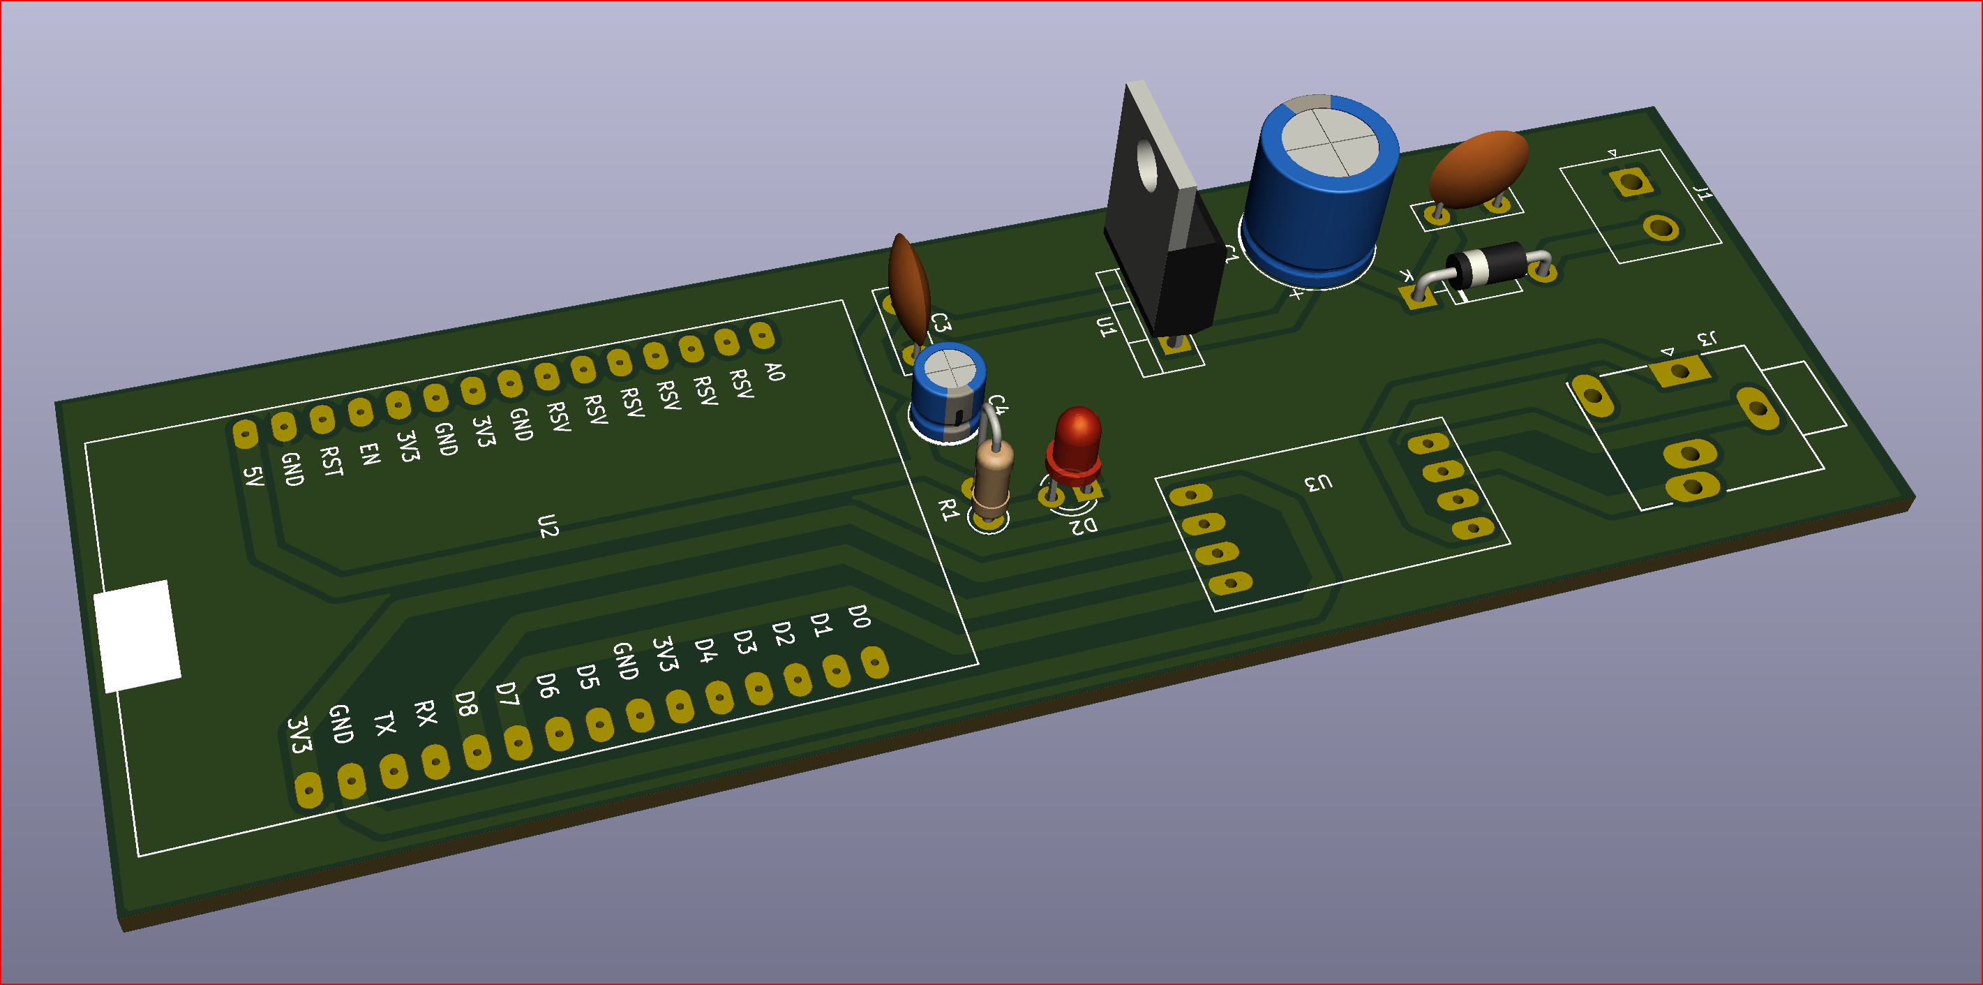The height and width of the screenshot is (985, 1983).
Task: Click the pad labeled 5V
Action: click(245, 434)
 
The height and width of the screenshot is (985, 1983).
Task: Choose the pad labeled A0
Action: click(761, 335)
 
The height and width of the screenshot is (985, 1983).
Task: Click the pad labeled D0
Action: click(874, 662)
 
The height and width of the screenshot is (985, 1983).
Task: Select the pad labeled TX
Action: click(394, 769)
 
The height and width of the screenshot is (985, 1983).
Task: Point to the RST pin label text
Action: click(331, 462)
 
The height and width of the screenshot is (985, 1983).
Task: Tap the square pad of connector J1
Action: click(1630, 182)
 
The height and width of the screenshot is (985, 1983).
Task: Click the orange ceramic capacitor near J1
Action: click(1478, 170)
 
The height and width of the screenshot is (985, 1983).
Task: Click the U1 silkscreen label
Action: click(1105, 327)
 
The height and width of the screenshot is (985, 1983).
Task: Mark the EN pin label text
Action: click(370, 454)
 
